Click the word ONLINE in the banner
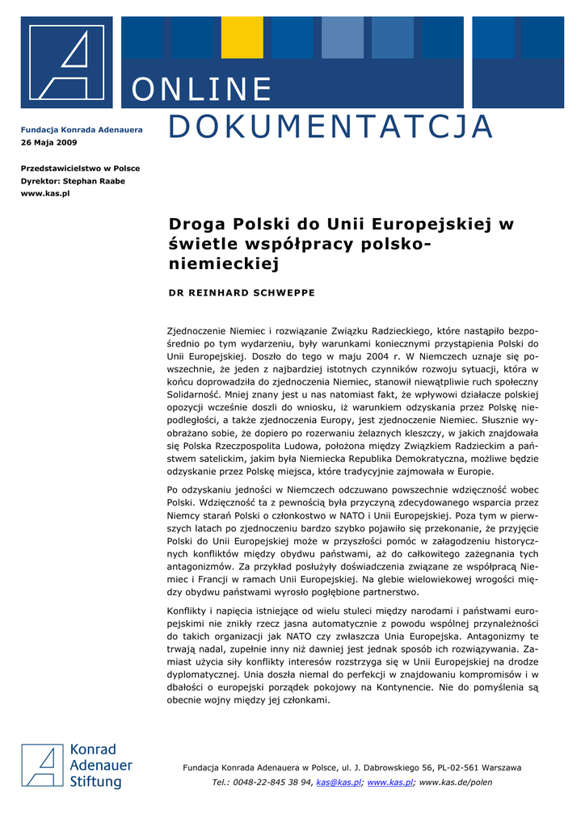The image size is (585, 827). click(201, 90)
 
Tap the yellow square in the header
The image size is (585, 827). click(242, 37)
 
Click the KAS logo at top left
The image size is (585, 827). click(67, 61)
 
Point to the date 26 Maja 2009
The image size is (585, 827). click(48, 142)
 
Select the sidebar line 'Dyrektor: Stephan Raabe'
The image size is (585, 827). click(73, 181)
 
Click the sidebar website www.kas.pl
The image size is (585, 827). click(45, 194)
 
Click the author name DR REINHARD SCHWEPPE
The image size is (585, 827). click(242, 292)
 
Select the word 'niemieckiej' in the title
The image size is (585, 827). click(223, 263)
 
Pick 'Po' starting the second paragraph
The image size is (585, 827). click(173, 490)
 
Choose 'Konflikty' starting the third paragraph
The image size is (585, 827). click(188, 611)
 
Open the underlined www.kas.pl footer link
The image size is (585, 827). click(390, 783)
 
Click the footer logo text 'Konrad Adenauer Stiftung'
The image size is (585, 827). click(101, 766)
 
